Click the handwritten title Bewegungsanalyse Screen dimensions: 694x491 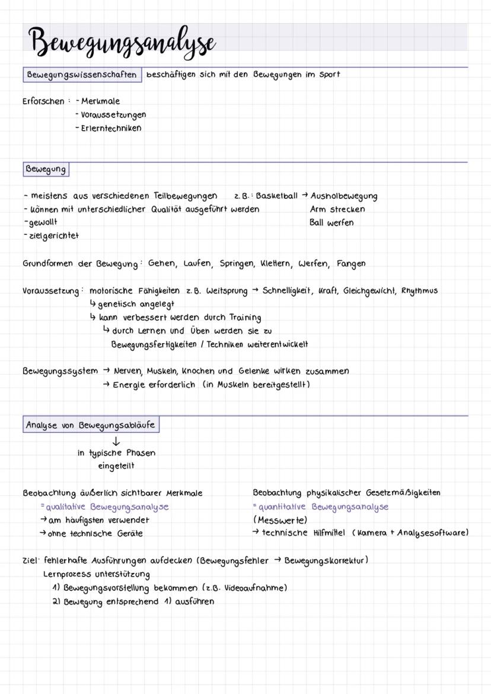pyautogui.click(x=122, y=42)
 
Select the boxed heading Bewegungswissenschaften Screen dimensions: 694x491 pyautogui.click(x=82, y=75)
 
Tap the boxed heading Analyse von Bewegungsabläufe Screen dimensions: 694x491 pyautogui.click(x=91, y=425)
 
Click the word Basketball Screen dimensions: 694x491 pyautogui.click(x=276, y=196)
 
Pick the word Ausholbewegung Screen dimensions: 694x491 pyautogui.click(x=343, y=196)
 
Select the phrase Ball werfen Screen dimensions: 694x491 pyautogui.click(x=331, y=223)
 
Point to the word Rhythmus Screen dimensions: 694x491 pyautogui.click(x=419, y=290)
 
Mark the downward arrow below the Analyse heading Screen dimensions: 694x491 pyautogui.click(x=116, y=441)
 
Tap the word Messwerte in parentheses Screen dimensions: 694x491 pyautogui.click(x=280, y=520)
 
